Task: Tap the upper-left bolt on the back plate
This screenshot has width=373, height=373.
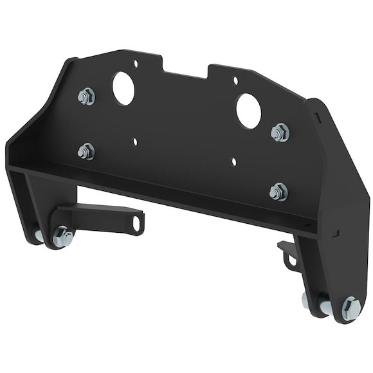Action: point(84,98)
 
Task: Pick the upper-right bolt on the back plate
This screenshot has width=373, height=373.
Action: point(280,132)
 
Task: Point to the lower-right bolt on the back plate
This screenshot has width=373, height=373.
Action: point(278,189)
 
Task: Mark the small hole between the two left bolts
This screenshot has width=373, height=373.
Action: point(136,138)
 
